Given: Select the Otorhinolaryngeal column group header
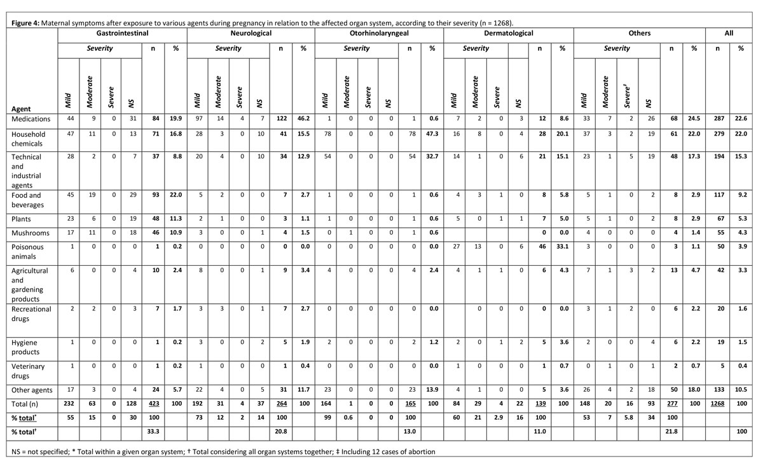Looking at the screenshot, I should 379,32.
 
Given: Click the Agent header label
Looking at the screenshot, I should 22,109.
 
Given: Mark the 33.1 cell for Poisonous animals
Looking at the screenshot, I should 562,246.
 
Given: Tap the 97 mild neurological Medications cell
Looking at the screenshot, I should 197,119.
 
